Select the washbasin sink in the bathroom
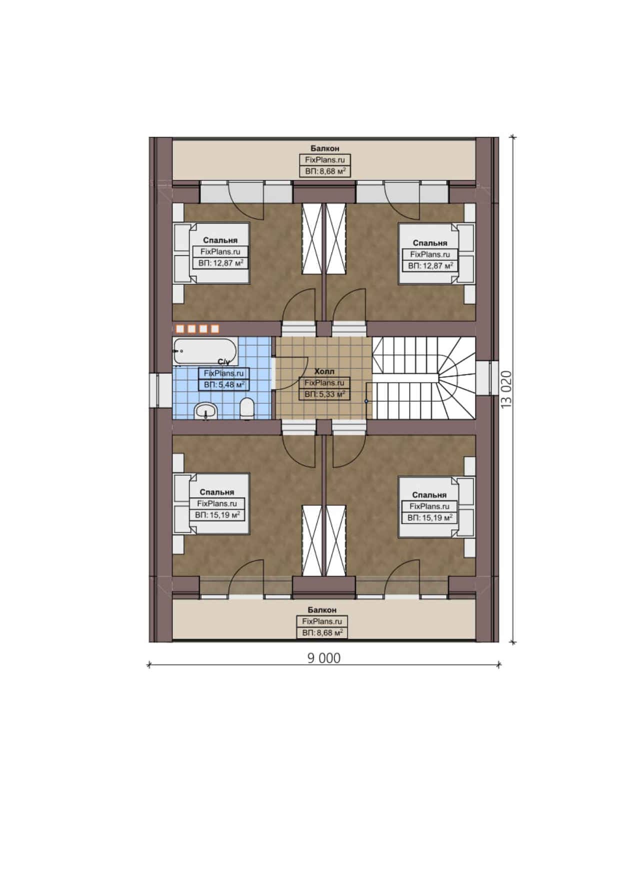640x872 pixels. pos(205,411)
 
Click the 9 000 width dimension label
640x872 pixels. pos(323,658)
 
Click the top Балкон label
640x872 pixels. pos(325,148)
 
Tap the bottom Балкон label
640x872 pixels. pos(322,610)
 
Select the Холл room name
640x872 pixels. pos(324,372)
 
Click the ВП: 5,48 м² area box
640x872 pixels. pos(224,385)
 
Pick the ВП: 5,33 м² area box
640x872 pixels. pos(324,394)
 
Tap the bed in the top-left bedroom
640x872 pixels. pos(211,253)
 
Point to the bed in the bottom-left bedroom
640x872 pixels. pos(211,504)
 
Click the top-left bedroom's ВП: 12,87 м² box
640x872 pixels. pos(221,263)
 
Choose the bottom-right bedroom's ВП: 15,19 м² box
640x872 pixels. pos(430,518)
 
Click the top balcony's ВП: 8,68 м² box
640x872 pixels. pos(325,171)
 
